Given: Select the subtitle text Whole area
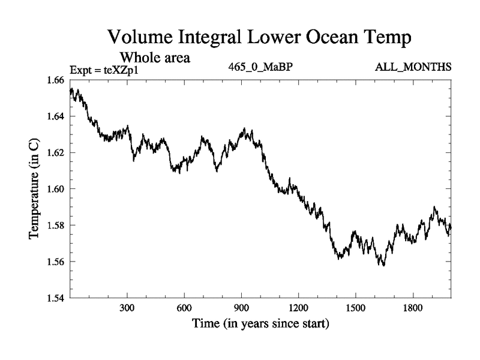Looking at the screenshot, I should coord(155,58).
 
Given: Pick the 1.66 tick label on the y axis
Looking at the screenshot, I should coord(57,80).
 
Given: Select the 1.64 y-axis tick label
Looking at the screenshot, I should coord(57,116).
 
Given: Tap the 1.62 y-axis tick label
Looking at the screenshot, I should coord(57,152).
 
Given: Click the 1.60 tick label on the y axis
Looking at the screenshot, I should coord(57,189).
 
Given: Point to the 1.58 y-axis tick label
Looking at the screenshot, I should coord(57,226).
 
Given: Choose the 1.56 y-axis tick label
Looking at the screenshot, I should coord(57,262).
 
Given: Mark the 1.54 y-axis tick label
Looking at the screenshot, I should coord(57,298).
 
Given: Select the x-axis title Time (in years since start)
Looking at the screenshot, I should coord(260,325).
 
